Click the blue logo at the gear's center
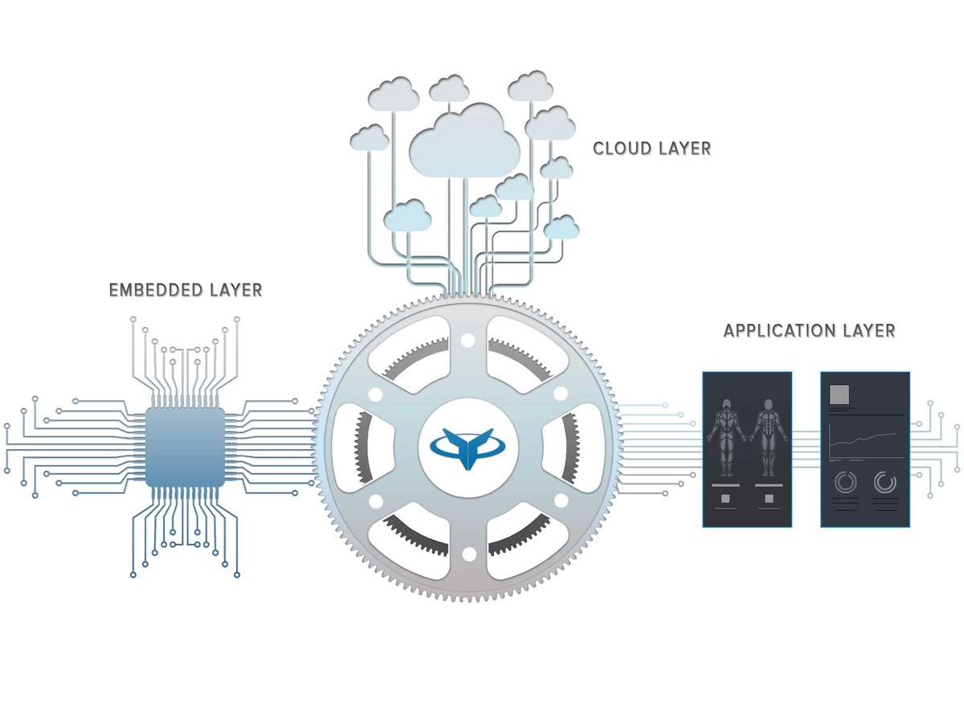pyautogui.click(x=468, y=448)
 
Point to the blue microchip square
pyautogui.click(x=185, y=447)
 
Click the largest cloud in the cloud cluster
pyautogui.click(x=464, y=141)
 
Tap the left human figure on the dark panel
pyautogui.click(x=726, y=437)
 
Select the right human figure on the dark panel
pyautogui.click(x=768, y=437)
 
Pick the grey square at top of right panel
pyautogui.click(x=839, y=394)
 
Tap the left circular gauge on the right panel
pyautogui.click(x=845, y=483)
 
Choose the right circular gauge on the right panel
pyautogui.click(x=885, y=483)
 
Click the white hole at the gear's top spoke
pyautogui.click(x=468, y=341)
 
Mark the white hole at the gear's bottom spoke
pyautogui.click(x=468, y=554)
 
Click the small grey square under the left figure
pyautogui.click(x=725, y=499)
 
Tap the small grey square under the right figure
pyautogui.click(x=769, y=499)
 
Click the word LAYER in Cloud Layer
pyautogui.click(x=688, y=149)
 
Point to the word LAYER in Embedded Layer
pyautogui.click(x=236, y=290)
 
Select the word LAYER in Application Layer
pyautogui.click(x=869, y=331)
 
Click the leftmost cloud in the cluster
pyautogui.click(x=370, y=137)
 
